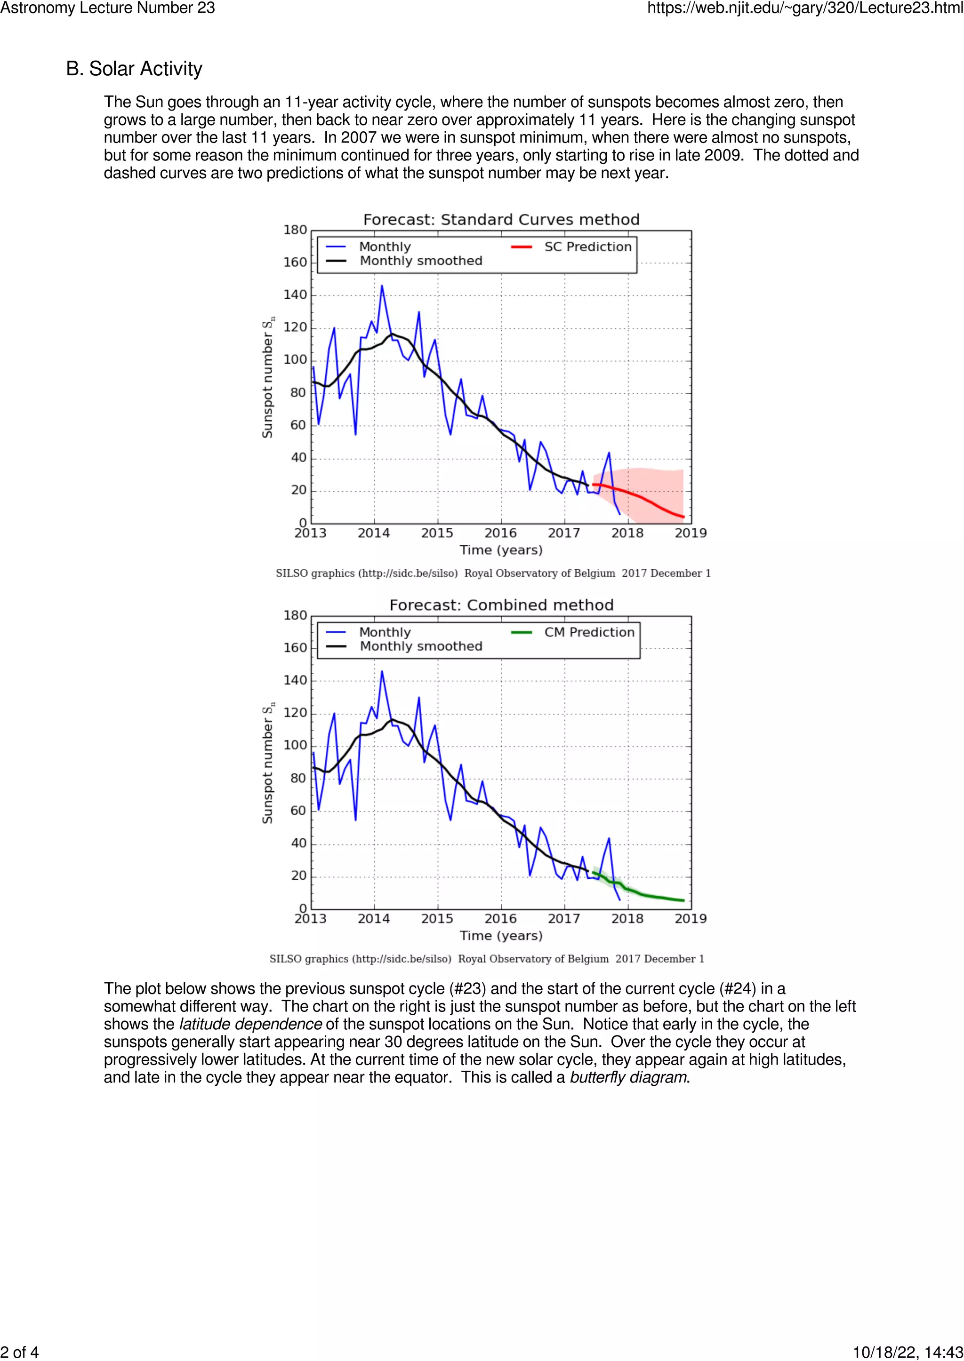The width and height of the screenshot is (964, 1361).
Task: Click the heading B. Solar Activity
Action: point(134,69)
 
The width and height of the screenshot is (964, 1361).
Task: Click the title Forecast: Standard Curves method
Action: point(501,220)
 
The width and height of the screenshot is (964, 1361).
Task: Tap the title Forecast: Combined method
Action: point(501,605)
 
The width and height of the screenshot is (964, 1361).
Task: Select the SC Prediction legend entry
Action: point(587,247)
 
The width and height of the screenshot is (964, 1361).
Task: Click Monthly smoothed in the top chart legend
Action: point(420,261)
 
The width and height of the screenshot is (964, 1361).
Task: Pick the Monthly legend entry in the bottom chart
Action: point(385,632)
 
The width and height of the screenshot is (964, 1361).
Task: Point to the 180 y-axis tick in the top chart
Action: point(295,230)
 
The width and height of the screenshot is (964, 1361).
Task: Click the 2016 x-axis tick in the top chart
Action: point(500,533)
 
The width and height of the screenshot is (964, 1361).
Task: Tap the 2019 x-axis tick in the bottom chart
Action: point(691,918)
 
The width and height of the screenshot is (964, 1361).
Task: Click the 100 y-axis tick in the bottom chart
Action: point(295,746)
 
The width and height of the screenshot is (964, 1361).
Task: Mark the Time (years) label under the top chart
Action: point(501,550)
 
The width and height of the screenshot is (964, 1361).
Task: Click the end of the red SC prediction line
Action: point(683,517)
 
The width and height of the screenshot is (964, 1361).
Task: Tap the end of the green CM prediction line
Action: point(683,900)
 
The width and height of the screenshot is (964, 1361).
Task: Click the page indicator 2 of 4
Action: point(20,1352)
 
